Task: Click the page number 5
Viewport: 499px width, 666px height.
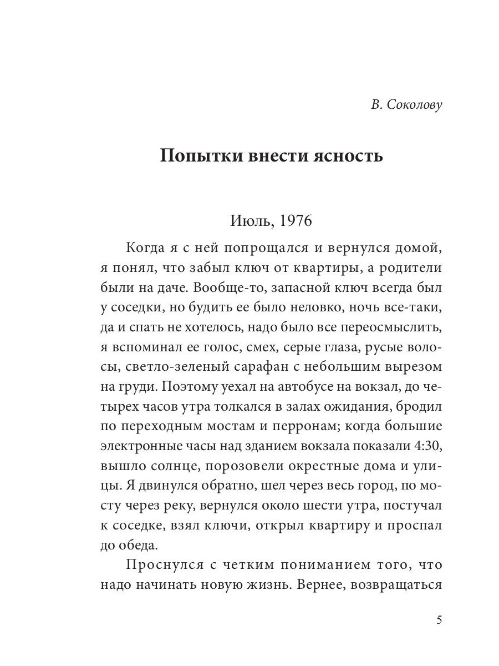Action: point(439,620)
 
